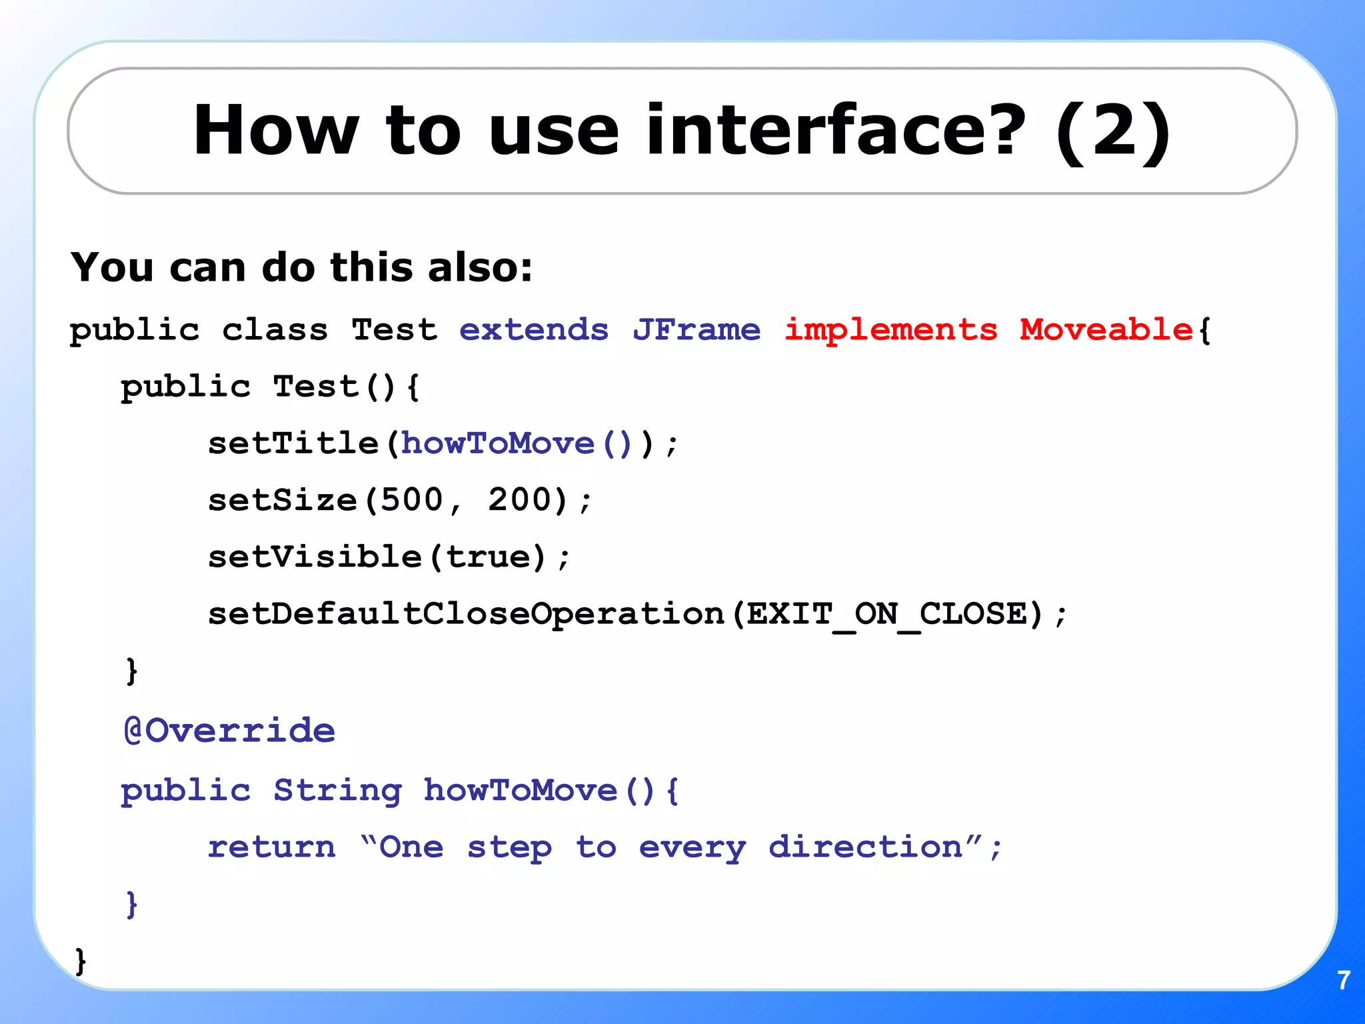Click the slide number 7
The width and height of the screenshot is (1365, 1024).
pos(1344,980)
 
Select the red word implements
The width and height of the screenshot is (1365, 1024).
pos(890,330)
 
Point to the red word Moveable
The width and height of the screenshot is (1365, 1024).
pos(1106,330)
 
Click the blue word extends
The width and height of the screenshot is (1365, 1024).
pos(534,330)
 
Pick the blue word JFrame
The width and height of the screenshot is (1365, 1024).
pos(696,330)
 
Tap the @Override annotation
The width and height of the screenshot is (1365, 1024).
pos(229,731)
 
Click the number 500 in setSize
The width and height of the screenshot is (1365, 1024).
pos(412,500)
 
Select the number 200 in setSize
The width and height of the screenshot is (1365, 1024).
pos(521,500)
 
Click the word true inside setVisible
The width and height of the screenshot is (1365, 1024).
pos(489,557)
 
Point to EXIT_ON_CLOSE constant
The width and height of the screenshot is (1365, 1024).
pos(886,614)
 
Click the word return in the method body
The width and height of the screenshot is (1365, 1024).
pos(272,847)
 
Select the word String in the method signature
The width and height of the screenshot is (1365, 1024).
pos(338,791)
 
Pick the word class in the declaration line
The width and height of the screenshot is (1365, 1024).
pos(275,330)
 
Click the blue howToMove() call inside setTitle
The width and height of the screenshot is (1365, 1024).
pos(516,444)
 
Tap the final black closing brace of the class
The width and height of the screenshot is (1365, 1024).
pos(81,961)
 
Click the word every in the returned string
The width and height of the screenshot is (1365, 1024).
pos(692,848)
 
